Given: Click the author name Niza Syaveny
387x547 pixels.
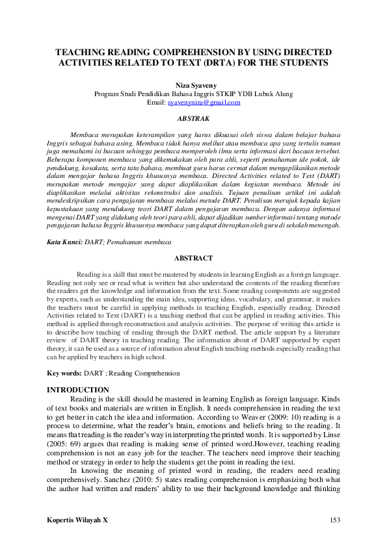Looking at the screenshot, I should click(193, 85).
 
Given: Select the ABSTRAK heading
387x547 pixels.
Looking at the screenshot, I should click(193, 119).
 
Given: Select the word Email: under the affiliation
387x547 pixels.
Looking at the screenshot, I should click(156, 103).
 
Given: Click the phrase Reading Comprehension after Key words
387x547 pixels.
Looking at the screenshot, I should click(145, 374).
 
